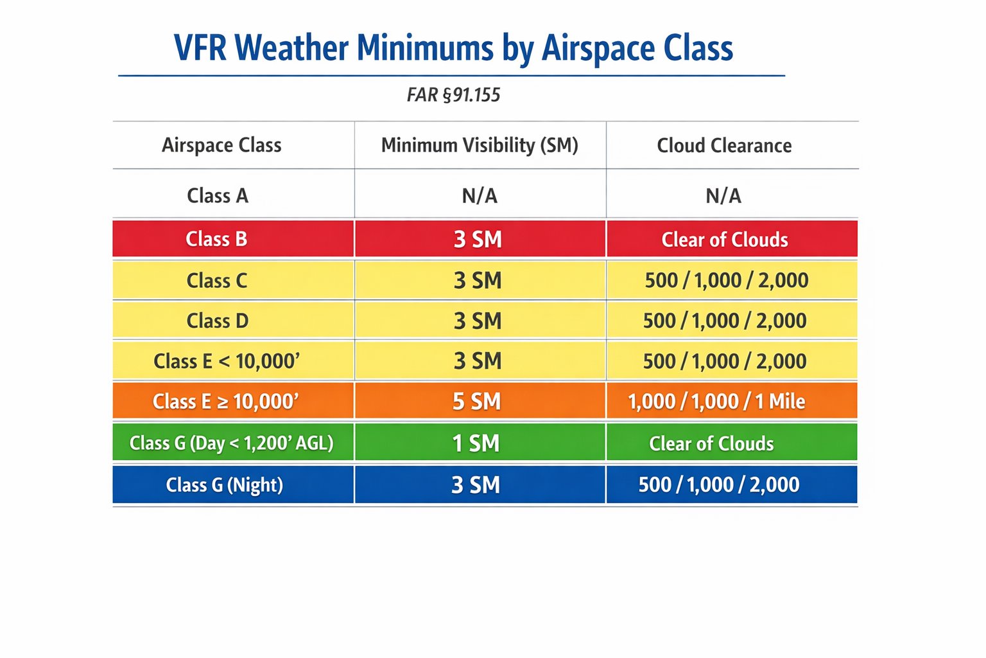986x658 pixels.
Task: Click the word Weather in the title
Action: pyautogui.click(x=291, y=48)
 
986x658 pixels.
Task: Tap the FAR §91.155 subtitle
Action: pyautogui.click(x=453, y=95)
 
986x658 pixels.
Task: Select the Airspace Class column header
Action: pyautogui.click(x=221, y=145)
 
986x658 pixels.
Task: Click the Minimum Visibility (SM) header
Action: pyautogui.click(x=480, y=145)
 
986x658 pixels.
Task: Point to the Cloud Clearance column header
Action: pyautogui.click(x=724, y=146)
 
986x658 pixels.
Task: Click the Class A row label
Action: pyautogui.click(x=217, y=195)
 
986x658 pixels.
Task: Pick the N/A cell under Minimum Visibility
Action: pyautogui.click(x=480, y=195)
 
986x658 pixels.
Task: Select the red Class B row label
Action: pyautogui.click(x=216, y=239)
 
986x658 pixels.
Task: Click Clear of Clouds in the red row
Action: pyautogui.click(x=725, y=240)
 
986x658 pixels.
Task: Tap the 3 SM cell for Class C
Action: pyautogui.click(x=478, y=280)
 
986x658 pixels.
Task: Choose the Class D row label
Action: pyautogui.click(x=217, y=321)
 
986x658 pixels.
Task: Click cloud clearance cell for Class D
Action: pyautogui.click(x=725, y=321)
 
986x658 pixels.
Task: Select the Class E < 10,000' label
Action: pyautogui.click(x=227, y=361)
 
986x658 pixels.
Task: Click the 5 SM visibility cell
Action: pyautogui.click(x=476, y=402)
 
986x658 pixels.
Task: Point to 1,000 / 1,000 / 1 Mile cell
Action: pyautogui.click(x=716, y=402)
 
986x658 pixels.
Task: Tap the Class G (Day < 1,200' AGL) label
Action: pyautogui.click(x=231, y=443)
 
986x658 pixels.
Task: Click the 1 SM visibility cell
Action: pyautogui.click(x=476, y=443)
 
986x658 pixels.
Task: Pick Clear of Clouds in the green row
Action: pyautogui.click(x=711, y=443)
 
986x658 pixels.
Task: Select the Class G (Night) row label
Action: pyautogui.click(x=224, y=485)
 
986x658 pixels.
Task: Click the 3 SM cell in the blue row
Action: pyautogui.click(x=476, y=485)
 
